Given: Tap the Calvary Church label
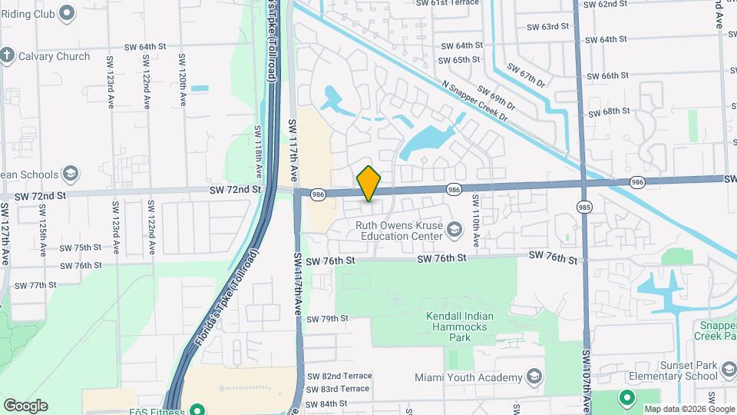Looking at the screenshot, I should pos(55,56).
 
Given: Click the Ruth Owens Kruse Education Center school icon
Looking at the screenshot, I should pos(454,230).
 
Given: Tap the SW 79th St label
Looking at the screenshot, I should pos(327,319).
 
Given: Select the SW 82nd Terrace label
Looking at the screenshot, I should pos(339,376).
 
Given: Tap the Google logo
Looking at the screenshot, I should pos(25,406).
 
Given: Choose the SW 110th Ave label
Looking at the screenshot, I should pos(476,220).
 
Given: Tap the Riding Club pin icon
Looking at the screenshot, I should pos(67,12).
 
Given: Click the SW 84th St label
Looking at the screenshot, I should pos(326,404).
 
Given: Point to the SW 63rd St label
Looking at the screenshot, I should pos(548,26).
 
